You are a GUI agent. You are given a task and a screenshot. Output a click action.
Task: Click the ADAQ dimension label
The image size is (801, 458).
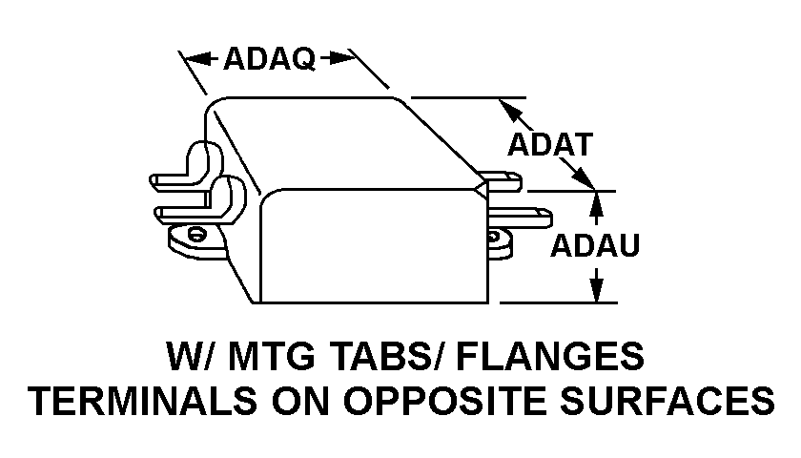click(269, 58)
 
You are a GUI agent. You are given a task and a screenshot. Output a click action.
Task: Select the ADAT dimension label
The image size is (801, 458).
click(550, 144)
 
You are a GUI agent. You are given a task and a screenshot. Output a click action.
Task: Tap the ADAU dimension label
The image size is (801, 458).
click(595, 245)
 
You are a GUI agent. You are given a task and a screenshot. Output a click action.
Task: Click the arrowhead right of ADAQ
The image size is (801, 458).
click(340, 58)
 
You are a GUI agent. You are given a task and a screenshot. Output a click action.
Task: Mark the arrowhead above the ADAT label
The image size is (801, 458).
click(511, 111)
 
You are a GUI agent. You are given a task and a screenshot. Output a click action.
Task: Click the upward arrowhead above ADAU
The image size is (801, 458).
click(596, 203)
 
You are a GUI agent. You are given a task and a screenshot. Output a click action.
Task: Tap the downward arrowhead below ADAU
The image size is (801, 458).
click(596, 290)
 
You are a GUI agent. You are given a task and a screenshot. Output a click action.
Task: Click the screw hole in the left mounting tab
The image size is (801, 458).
click(195, 235)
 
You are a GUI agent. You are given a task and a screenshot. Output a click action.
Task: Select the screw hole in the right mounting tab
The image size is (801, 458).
click(493, 238)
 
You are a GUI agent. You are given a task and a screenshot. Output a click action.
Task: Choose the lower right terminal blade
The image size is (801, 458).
click(520, 218)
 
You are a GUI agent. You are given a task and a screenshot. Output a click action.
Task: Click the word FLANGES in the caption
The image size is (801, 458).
click(550, 356)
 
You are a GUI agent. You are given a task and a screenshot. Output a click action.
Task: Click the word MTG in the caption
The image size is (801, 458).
click(272, 356)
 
